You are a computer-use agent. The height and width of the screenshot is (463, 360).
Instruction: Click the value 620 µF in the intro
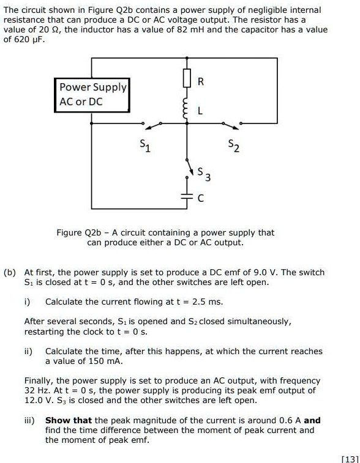tap(26, 39)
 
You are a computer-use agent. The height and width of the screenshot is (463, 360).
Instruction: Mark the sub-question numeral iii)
tap(31, 420)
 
